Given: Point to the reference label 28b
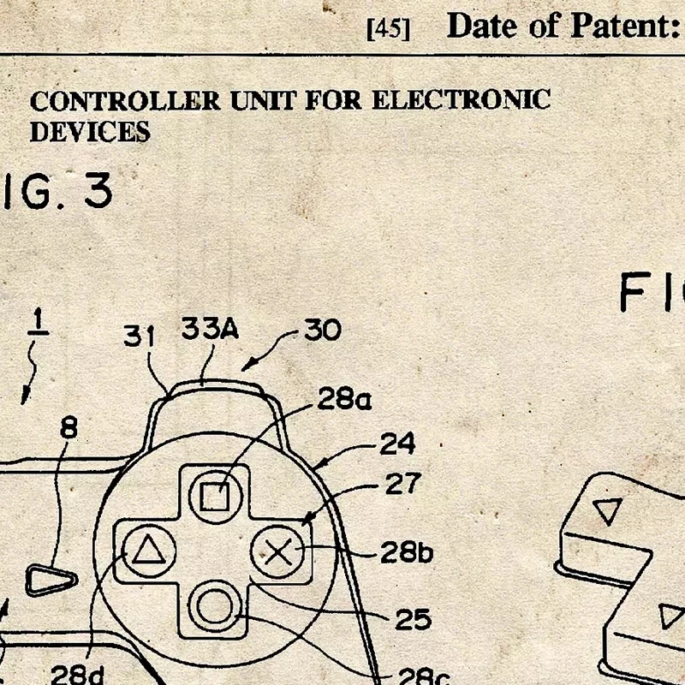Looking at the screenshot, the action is pos(407,552).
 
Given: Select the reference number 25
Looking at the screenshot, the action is pos(412,618).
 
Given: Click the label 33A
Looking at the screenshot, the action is pos(209,330).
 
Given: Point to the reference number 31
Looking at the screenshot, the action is pos(141,336).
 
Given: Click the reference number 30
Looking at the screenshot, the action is pos(322,330).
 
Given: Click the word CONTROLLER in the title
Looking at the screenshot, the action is pos(125,101).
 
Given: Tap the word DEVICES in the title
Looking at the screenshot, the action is pos(90,131).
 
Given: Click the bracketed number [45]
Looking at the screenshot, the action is pos(388,28).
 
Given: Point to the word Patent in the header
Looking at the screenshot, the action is pos(616,26).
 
